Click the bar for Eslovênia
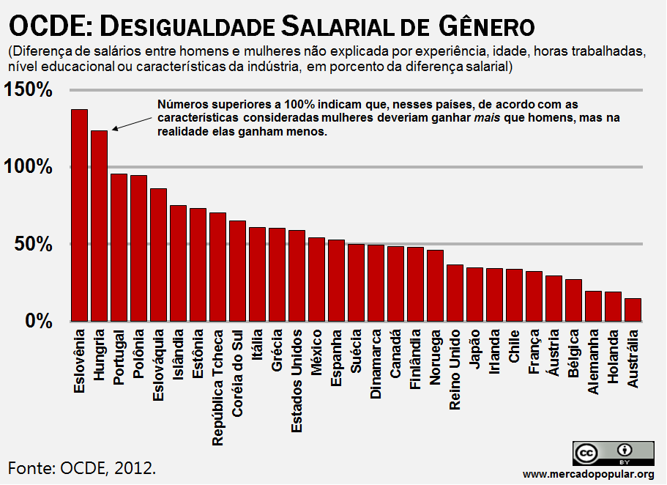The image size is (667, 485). pos(79,215)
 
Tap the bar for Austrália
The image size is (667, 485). pos(633,309)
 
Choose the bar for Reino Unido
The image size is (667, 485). pos(455,292)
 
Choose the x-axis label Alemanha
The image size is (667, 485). pos(593,364)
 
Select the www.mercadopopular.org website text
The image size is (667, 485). pos(589,474)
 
